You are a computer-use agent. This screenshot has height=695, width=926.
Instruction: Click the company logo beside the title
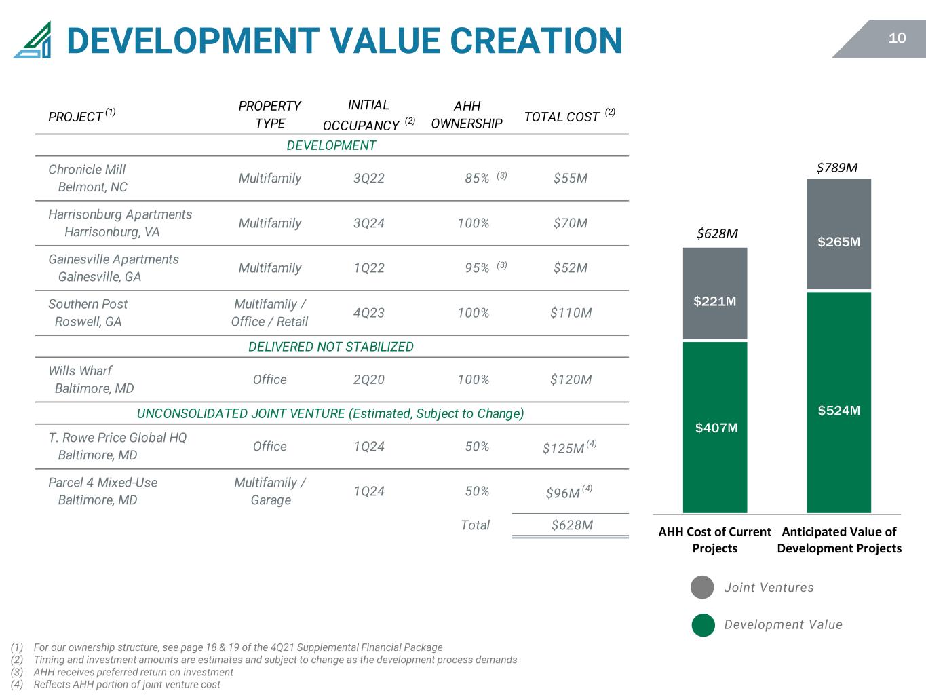(33, 39)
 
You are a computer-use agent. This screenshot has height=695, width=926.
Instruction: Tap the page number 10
(896, 38)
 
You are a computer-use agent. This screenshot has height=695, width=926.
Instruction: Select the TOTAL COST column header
(570, 116)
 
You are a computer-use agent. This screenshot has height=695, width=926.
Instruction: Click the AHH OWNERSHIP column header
(467, 114)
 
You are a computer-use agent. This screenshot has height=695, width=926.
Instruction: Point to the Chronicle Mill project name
(87, 169)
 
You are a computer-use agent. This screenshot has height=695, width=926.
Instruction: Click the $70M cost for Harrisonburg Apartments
(571, 223)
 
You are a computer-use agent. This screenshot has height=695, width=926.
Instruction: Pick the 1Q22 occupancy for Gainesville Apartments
(369, 268)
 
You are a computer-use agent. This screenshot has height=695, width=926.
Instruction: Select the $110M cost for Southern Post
(571, 313)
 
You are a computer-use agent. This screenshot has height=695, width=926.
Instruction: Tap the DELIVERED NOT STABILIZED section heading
(331, 346)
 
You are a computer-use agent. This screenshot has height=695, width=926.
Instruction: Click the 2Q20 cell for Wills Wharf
(369, 379)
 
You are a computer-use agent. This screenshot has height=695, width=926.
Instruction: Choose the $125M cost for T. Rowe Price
(564, 448)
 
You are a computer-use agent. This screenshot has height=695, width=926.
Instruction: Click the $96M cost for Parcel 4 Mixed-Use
(563, 493)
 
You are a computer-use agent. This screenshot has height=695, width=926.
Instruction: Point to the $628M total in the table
(572, 525)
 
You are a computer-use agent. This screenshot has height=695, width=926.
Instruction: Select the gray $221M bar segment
(714, 293)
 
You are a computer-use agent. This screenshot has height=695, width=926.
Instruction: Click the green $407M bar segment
(714, 428)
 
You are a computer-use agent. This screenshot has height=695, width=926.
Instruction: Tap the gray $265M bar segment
(838, 233)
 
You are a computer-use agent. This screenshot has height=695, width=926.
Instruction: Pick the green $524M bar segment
(838, 402)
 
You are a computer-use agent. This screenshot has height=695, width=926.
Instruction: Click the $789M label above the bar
(837, 168)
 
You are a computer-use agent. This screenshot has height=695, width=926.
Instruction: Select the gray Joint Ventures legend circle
(702, 587)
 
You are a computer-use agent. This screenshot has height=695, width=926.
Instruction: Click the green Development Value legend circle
(703, 625)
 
